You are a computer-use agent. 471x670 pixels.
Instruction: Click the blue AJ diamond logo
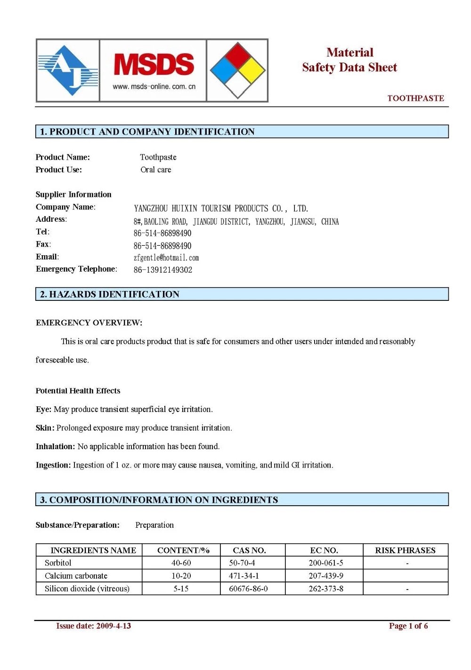68,71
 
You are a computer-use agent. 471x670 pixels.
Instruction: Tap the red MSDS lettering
154,65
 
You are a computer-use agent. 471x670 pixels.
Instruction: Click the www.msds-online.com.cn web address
154,87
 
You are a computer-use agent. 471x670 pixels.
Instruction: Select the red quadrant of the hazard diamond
238,55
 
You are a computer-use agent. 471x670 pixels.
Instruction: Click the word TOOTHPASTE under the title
415,98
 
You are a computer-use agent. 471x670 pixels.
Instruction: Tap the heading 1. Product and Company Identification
147,132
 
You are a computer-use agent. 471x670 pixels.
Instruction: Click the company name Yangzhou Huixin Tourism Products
221,209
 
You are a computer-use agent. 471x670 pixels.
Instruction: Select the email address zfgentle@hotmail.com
166,258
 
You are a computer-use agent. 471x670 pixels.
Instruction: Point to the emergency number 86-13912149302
163,270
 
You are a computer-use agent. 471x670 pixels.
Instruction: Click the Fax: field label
43,244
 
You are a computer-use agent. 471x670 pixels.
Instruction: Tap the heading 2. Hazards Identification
110,294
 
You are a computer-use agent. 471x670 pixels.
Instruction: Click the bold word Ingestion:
53,465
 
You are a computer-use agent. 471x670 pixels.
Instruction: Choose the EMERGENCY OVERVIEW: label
89,323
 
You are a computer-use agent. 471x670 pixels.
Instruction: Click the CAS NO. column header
249,550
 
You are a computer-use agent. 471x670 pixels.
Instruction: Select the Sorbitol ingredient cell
58,563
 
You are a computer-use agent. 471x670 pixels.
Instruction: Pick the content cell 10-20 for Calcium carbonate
181,576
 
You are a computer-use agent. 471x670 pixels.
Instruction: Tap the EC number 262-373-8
326,589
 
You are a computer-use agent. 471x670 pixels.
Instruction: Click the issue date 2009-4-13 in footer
113,626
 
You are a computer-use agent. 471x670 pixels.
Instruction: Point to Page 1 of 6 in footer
408,626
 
